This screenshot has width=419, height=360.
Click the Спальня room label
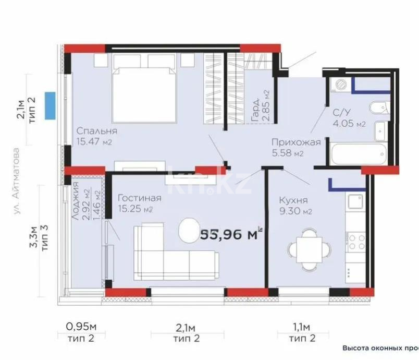(96, 131)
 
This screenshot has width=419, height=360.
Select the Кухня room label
(293, 200)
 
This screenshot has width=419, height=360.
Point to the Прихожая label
(294, 141)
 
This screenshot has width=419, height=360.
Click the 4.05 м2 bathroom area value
(349, 124)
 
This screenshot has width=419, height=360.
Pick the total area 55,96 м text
(229, 235)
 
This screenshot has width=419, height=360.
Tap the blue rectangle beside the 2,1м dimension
(50, 104)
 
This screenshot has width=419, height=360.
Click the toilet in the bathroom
(378, 109)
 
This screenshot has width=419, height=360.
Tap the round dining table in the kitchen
(309, 248)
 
